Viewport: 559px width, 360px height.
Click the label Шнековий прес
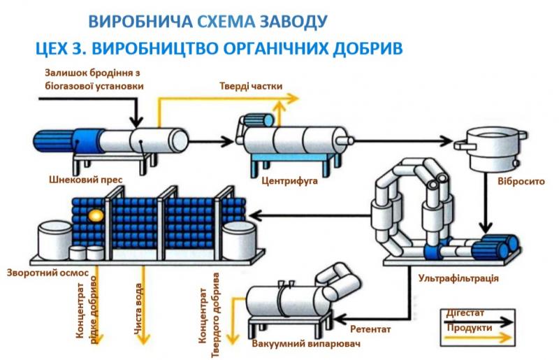coord(85,179)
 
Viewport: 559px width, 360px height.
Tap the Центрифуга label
coord(289,180)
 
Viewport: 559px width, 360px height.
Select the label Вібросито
coord(521,181)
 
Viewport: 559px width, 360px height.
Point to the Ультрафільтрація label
coord(458,278)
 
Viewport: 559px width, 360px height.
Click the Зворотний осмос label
coord(48,273)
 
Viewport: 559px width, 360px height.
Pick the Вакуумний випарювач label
coord(306,344)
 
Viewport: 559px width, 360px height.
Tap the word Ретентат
coord(370,329)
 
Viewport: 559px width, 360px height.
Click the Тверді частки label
coord(251,86)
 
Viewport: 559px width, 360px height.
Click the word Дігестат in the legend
coord(465,313)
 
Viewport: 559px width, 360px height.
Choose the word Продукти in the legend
coord(470,327)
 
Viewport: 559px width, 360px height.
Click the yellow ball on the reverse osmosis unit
coord(96,215)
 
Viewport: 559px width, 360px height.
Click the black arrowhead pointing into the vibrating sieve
coord(446,141)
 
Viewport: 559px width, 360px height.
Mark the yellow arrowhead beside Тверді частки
coord(292,98)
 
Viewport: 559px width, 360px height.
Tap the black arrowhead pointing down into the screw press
coord(136,122)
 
